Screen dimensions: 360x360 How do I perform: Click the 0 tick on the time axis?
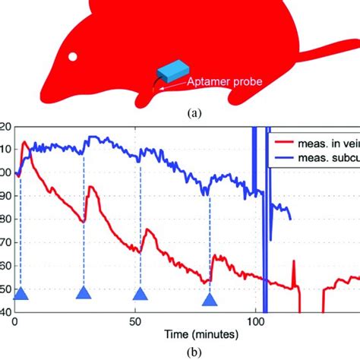[16, 321]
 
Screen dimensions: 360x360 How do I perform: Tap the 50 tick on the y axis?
[6, 290]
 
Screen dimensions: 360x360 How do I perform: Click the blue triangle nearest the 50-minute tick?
[140, 295]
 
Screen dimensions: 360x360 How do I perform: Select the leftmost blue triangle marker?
[21, 295]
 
